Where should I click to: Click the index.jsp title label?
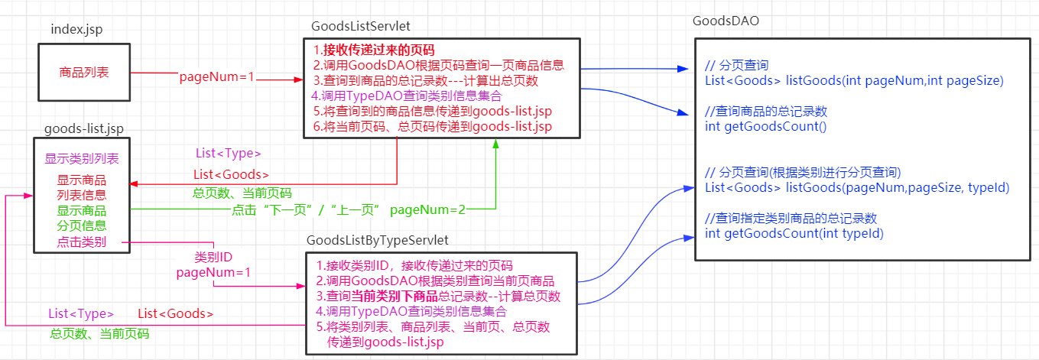point(76,29)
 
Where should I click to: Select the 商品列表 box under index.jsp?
point(84,73)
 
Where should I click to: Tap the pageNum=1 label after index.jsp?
point(216,77)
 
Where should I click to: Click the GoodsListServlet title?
point(360,26)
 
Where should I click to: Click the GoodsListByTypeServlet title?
point(377,240)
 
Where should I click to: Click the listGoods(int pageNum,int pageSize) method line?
point(854,80)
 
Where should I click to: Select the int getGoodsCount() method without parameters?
point(766,126)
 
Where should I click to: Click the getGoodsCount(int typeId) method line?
point(794,233)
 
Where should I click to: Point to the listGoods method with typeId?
point(857,187)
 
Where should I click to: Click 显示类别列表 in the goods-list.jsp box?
point(82,160)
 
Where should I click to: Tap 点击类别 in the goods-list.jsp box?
point(81,243)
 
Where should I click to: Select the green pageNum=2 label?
point(427,208)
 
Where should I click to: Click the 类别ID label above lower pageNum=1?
point(213,256)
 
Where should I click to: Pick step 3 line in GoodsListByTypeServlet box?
point(439,297)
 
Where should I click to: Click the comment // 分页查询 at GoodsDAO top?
point(736,65)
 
